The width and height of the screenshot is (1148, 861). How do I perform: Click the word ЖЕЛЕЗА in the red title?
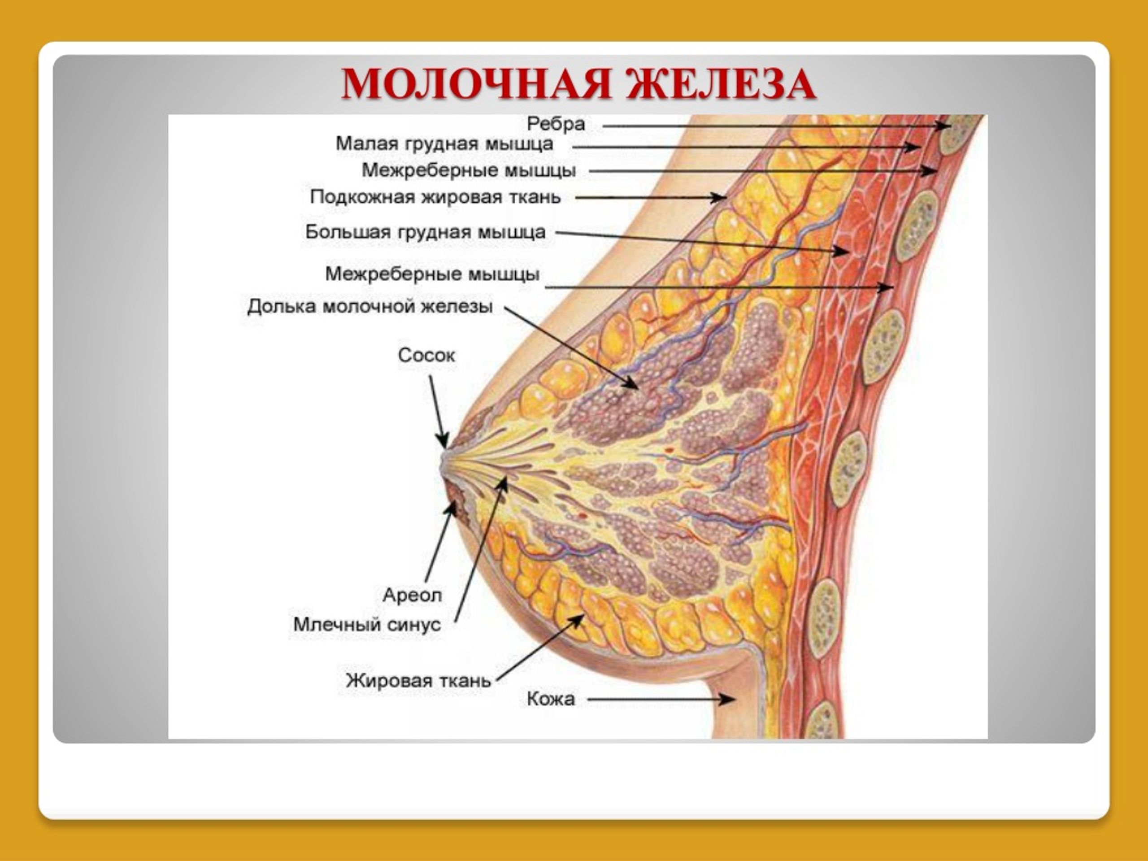pos(720,84)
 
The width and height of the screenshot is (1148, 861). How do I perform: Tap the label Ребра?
pos(556,124)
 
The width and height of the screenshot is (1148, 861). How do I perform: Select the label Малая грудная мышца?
pos(444,144)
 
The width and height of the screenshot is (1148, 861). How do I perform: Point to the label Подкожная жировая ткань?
pos(435,197)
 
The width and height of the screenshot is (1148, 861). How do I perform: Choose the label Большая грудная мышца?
pos(425,232)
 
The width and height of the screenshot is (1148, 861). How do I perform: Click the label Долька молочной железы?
pos(370,306)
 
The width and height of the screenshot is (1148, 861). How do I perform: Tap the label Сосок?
pos(426,355)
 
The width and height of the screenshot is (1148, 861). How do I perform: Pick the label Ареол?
pos(412,595)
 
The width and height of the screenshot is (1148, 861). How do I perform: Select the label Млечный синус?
pos(367,624)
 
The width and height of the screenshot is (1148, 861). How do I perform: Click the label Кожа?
pos(551,699)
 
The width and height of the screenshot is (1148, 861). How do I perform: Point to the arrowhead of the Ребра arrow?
pos(943,126)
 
